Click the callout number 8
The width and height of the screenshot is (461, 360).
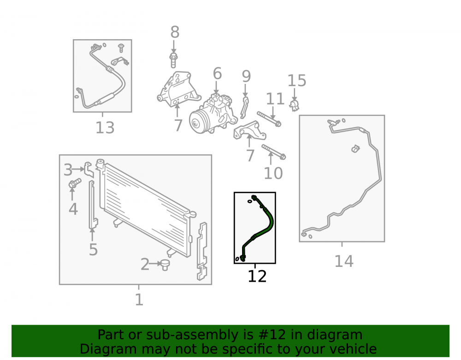tap(175, 32)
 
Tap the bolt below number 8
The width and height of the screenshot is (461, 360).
tap(173, 60)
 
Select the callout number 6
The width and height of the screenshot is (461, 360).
tap(217, 73)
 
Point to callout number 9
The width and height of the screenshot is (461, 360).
tap(246, 76)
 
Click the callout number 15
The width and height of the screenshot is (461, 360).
tap(296, 81)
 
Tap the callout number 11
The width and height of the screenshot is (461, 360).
tap(275, 99)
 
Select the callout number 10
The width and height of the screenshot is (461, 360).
tap(273, 173)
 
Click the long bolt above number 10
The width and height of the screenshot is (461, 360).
tap(273, 152)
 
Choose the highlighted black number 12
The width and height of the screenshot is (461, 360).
tap(257, 277)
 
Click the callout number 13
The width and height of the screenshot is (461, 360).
tap(105, 128)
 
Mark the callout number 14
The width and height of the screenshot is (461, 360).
tap(344, 261)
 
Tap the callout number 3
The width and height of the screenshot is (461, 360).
tap(68, 170)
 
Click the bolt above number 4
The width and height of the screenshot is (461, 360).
tap(75, 183)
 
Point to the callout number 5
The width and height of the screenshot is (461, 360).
tap(93, 249)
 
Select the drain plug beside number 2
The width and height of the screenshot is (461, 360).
tap(165, 265)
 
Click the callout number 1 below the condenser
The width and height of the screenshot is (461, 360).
tap(139, 300)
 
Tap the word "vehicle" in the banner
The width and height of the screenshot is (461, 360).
tap(354, 349)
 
